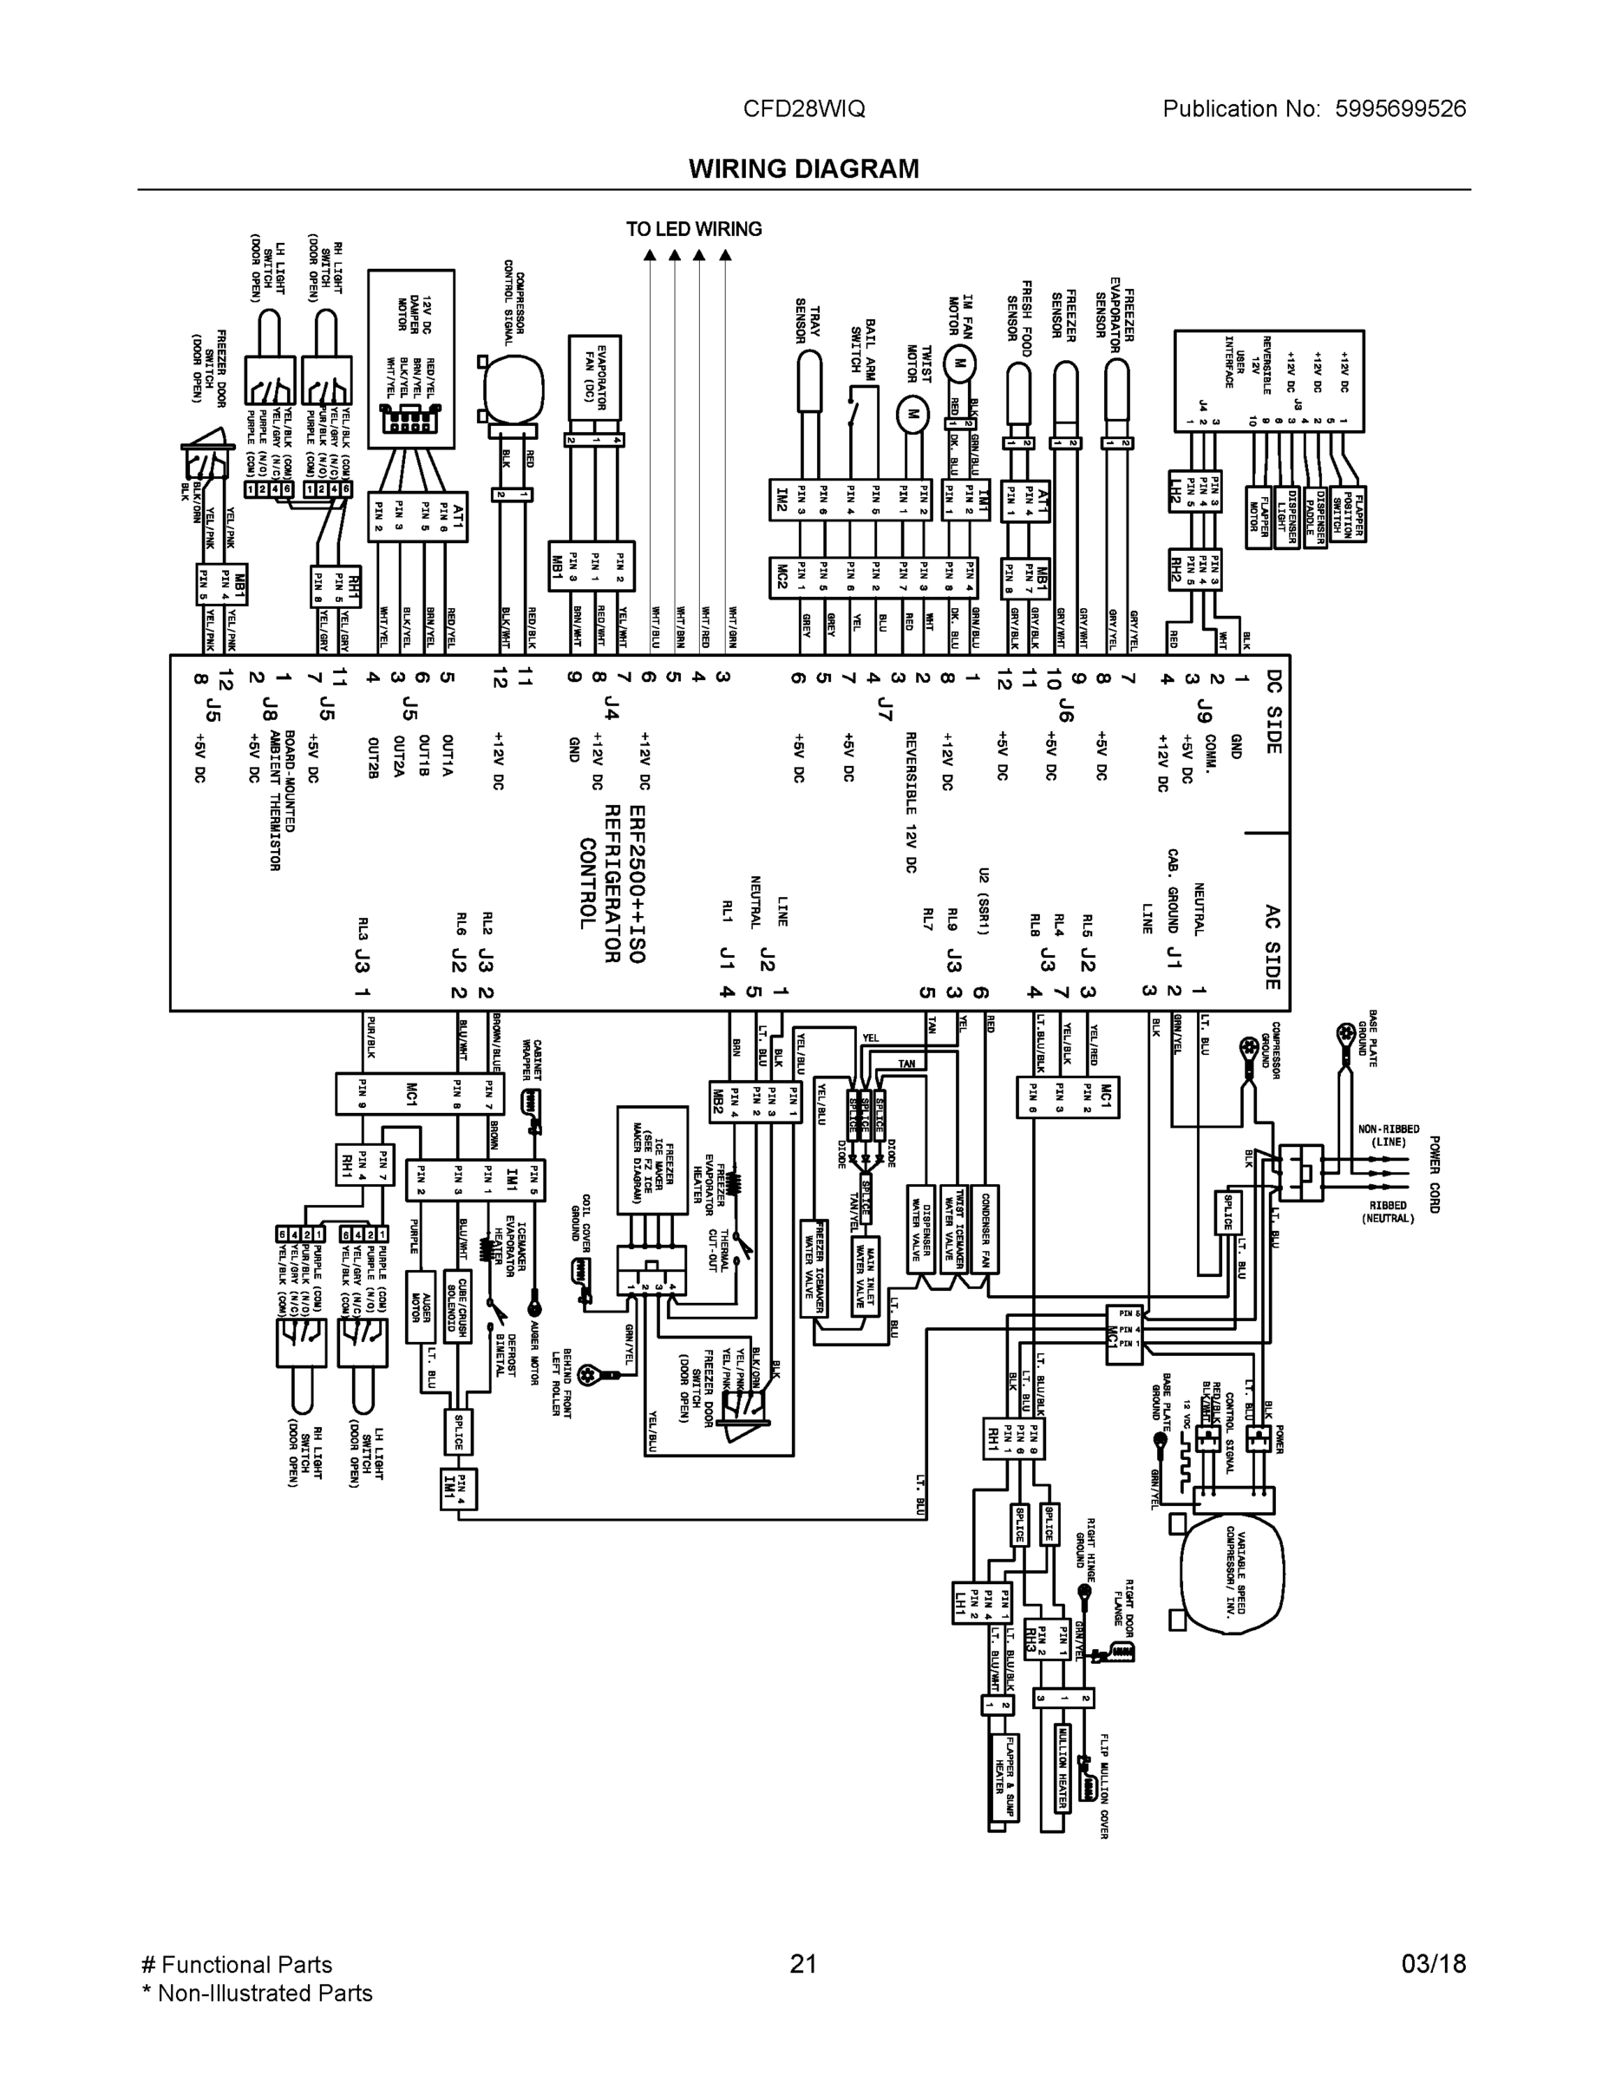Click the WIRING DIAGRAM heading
pyautogui.click(x=803, y=169)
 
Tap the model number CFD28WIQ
pyautogui.click(x=803, y=108)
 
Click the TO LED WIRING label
pyautogui.click(x=693, y=229)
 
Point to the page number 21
pyautogui.click(x=803, y=1964)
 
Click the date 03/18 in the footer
pyautogui.click(x=1433, y=1964)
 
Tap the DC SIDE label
pyautogui.click(x=1272, y=711)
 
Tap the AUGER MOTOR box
pyautogui.click(x=421, y=1306)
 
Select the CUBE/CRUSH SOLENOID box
pyautogui.click(x=456, y=1306)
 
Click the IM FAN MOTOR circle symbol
pyautogui.click(x=960, y=363)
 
